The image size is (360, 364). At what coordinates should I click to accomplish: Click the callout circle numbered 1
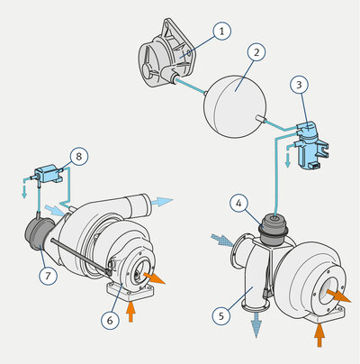222,31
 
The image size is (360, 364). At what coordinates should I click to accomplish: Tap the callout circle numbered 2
256,52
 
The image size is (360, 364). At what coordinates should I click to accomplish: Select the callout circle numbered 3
299,85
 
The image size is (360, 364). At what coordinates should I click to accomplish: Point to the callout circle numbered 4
238,204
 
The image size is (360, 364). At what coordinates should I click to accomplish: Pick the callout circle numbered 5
221,315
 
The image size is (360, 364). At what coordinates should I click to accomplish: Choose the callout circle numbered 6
110,320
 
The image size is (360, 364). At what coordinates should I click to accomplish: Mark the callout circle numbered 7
48,276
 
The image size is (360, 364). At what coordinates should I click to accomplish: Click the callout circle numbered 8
78,157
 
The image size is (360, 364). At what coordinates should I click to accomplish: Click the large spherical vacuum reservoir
235,106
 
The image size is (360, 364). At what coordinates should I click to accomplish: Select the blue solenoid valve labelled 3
311,144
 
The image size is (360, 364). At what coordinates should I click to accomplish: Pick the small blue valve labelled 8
49,174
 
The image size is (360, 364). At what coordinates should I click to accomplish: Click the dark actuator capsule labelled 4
274,229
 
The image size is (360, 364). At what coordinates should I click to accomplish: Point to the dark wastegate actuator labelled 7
39,234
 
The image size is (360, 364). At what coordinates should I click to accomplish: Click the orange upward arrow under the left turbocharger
130,312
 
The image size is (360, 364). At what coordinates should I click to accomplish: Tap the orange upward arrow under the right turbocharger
319,335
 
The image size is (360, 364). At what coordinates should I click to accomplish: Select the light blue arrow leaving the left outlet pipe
162,202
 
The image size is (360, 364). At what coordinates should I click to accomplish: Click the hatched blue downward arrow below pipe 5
256,325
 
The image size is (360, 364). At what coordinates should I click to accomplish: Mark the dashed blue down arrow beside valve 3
287,156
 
